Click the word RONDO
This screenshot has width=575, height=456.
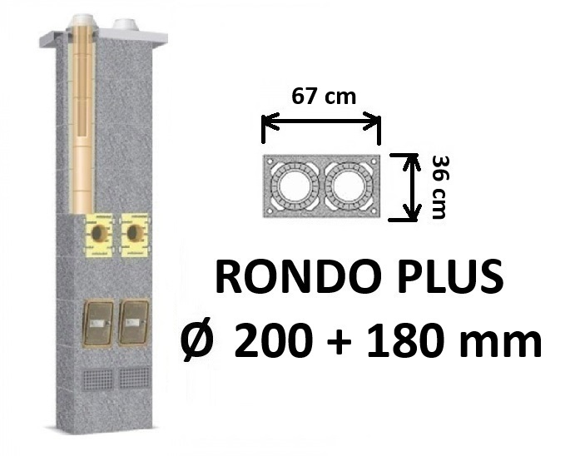[x=297, y=276]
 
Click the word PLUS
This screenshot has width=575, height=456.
[x=450, y=276]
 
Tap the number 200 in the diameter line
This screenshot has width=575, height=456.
[x=272, y=340]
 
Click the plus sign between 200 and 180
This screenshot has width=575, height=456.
[x=340, y=343]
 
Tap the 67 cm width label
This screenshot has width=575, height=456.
[x=324, y=97]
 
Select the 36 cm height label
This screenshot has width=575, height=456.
[x=439, y=187]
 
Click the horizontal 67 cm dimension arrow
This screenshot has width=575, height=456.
[x=321, y=122]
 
